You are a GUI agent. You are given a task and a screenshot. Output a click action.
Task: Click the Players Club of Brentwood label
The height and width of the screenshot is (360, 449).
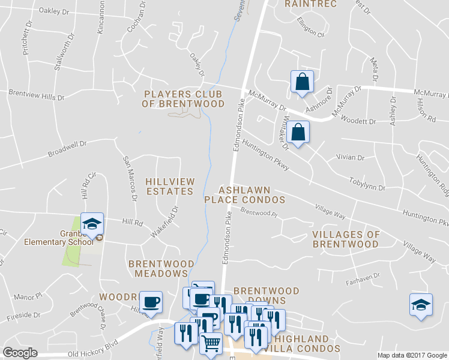point(183,99)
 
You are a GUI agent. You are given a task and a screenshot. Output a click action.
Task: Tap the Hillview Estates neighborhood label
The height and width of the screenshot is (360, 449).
point(169,186)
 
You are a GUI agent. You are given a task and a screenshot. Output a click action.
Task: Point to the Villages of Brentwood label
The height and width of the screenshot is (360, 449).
point(346,239)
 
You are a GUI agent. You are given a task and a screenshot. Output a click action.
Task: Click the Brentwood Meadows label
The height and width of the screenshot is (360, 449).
point(161,268)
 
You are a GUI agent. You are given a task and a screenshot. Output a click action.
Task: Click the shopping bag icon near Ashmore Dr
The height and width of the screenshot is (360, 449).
point(302,83)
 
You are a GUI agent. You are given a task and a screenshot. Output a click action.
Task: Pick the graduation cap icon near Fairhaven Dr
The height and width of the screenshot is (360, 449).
point(421,305)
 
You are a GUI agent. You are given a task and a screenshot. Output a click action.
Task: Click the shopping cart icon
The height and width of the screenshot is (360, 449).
point(211,344)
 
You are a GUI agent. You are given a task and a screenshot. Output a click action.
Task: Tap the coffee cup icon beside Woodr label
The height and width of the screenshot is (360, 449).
point(151,302)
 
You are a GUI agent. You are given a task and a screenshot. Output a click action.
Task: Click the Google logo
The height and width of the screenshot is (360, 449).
point(20,353)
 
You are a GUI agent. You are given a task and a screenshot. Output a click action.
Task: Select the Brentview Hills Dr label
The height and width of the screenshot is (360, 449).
point(36,94)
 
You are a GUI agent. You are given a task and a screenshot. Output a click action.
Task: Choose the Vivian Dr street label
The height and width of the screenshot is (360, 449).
point(352,158)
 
